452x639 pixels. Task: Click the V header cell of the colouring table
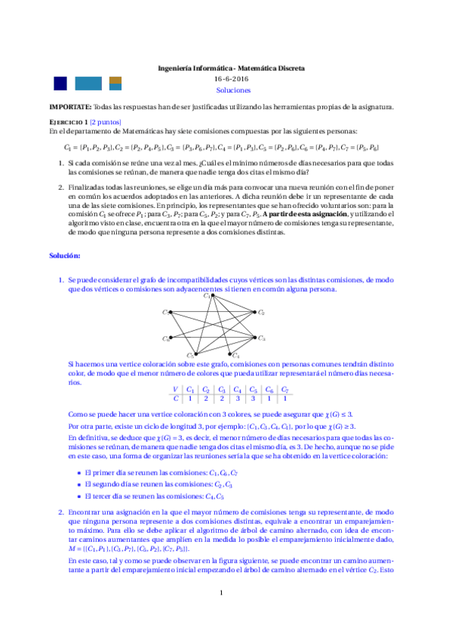coord(176,390)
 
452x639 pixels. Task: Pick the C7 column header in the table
coord(284,390)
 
